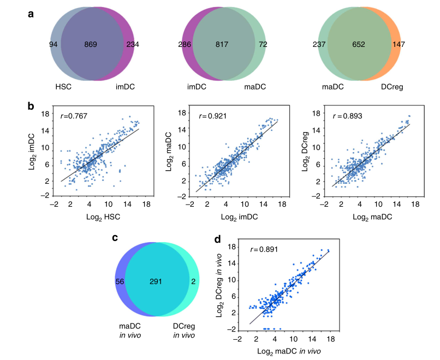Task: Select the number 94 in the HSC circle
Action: pos(53,45)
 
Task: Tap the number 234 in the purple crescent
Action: pos(133,45)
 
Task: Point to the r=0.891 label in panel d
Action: pos(264,250)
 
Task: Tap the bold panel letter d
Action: pos(218,238)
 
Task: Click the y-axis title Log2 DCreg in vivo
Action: pos(225,289)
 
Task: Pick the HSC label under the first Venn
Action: pos(64,87)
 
